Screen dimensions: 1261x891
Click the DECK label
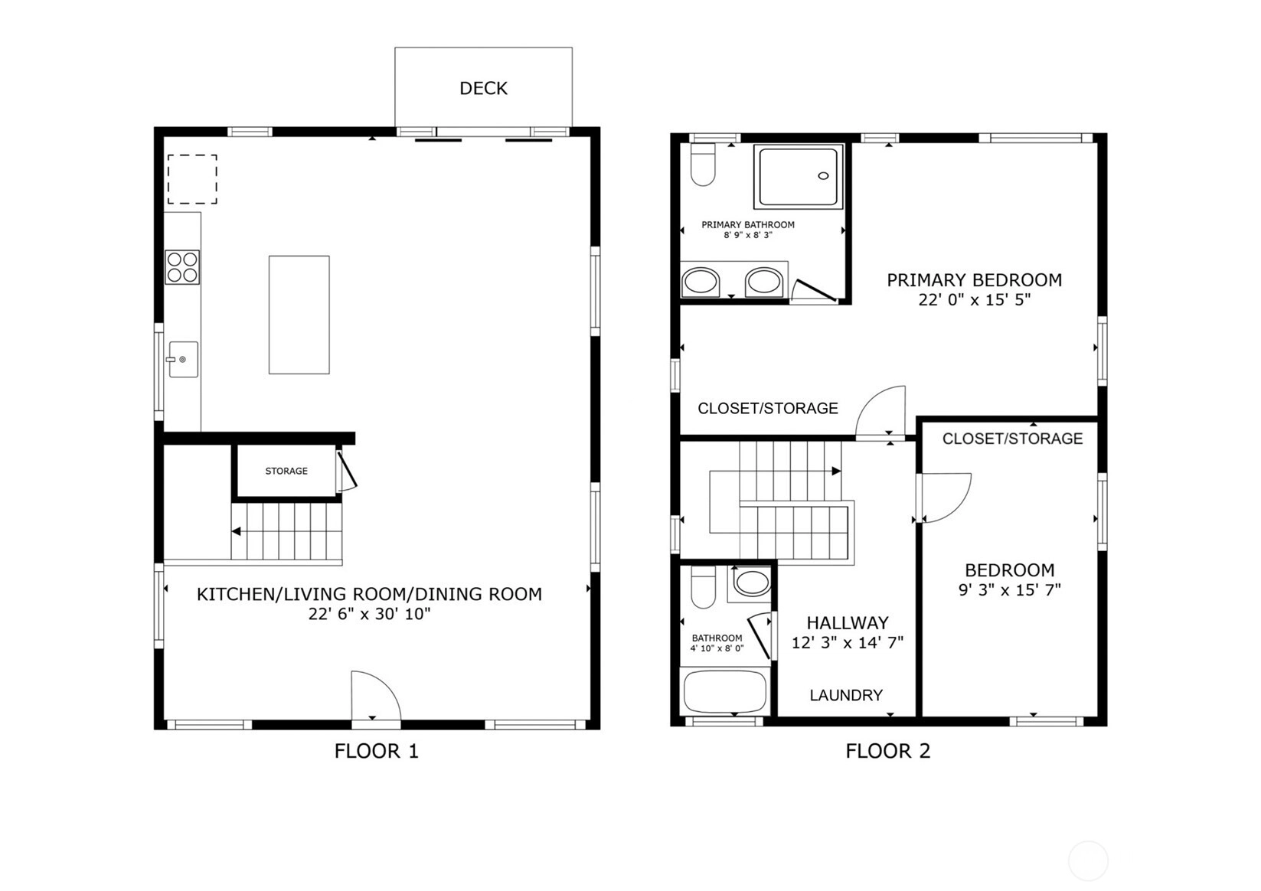[x=484, y=88]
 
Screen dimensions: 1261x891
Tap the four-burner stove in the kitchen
[x=182, y=267]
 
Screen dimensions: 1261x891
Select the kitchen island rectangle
[x=299, y=315]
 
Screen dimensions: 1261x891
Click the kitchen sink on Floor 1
[x=183, y=359]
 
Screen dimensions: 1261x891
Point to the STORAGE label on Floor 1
[x=286, y=471]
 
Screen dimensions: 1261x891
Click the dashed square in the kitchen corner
[x=192, y=180]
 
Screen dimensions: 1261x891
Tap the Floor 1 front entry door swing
[x=376, y=696]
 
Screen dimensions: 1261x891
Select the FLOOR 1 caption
[x=377, y=751]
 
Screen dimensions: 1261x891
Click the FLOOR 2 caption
[x=888, y=751]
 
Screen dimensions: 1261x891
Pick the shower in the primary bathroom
[x=799, y=176]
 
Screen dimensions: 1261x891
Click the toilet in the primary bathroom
[x=703, y=165]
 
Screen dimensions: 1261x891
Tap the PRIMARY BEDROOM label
[x=975, y=279]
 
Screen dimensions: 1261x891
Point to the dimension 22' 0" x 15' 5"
[x=975, y=300]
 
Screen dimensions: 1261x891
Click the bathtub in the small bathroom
[x=725, y=692]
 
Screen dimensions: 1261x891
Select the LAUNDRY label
[x=846, y=696]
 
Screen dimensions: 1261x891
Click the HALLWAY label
[x=848, y=622]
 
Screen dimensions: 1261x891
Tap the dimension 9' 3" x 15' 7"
[x=1010, y=590]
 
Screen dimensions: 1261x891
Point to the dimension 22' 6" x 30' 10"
[x=369, y=614]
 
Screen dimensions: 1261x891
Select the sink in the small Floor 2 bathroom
[x=752, y=583]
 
